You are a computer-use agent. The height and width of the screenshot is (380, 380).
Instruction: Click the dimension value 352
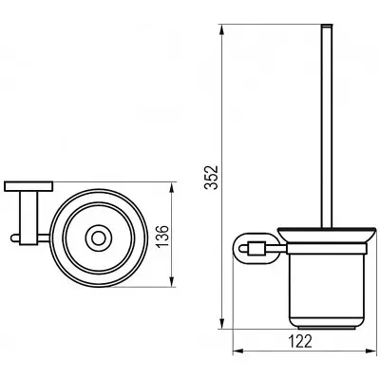[x=211, y=177]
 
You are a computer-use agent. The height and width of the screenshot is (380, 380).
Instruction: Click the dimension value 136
[x=161, y=237]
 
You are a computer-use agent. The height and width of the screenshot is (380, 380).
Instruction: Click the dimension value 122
[x=300, y=342]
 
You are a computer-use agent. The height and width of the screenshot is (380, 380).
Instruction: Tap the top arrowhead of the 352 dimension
[x=222, y=31]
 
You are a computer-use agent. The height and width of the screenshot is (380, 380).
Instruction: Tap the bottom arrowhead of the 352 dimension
[x=222, y=324]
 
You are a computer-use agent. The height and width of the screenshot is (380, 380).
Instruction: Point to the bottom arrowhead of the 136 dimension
[x=172, y=280]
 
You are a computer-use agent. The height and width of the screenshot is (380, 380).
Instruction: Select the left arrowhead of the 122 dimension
[x=239, y=351]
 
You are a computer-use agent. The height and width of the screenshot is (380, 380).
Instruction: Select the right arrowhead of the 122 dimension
[x=370, y=351]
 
